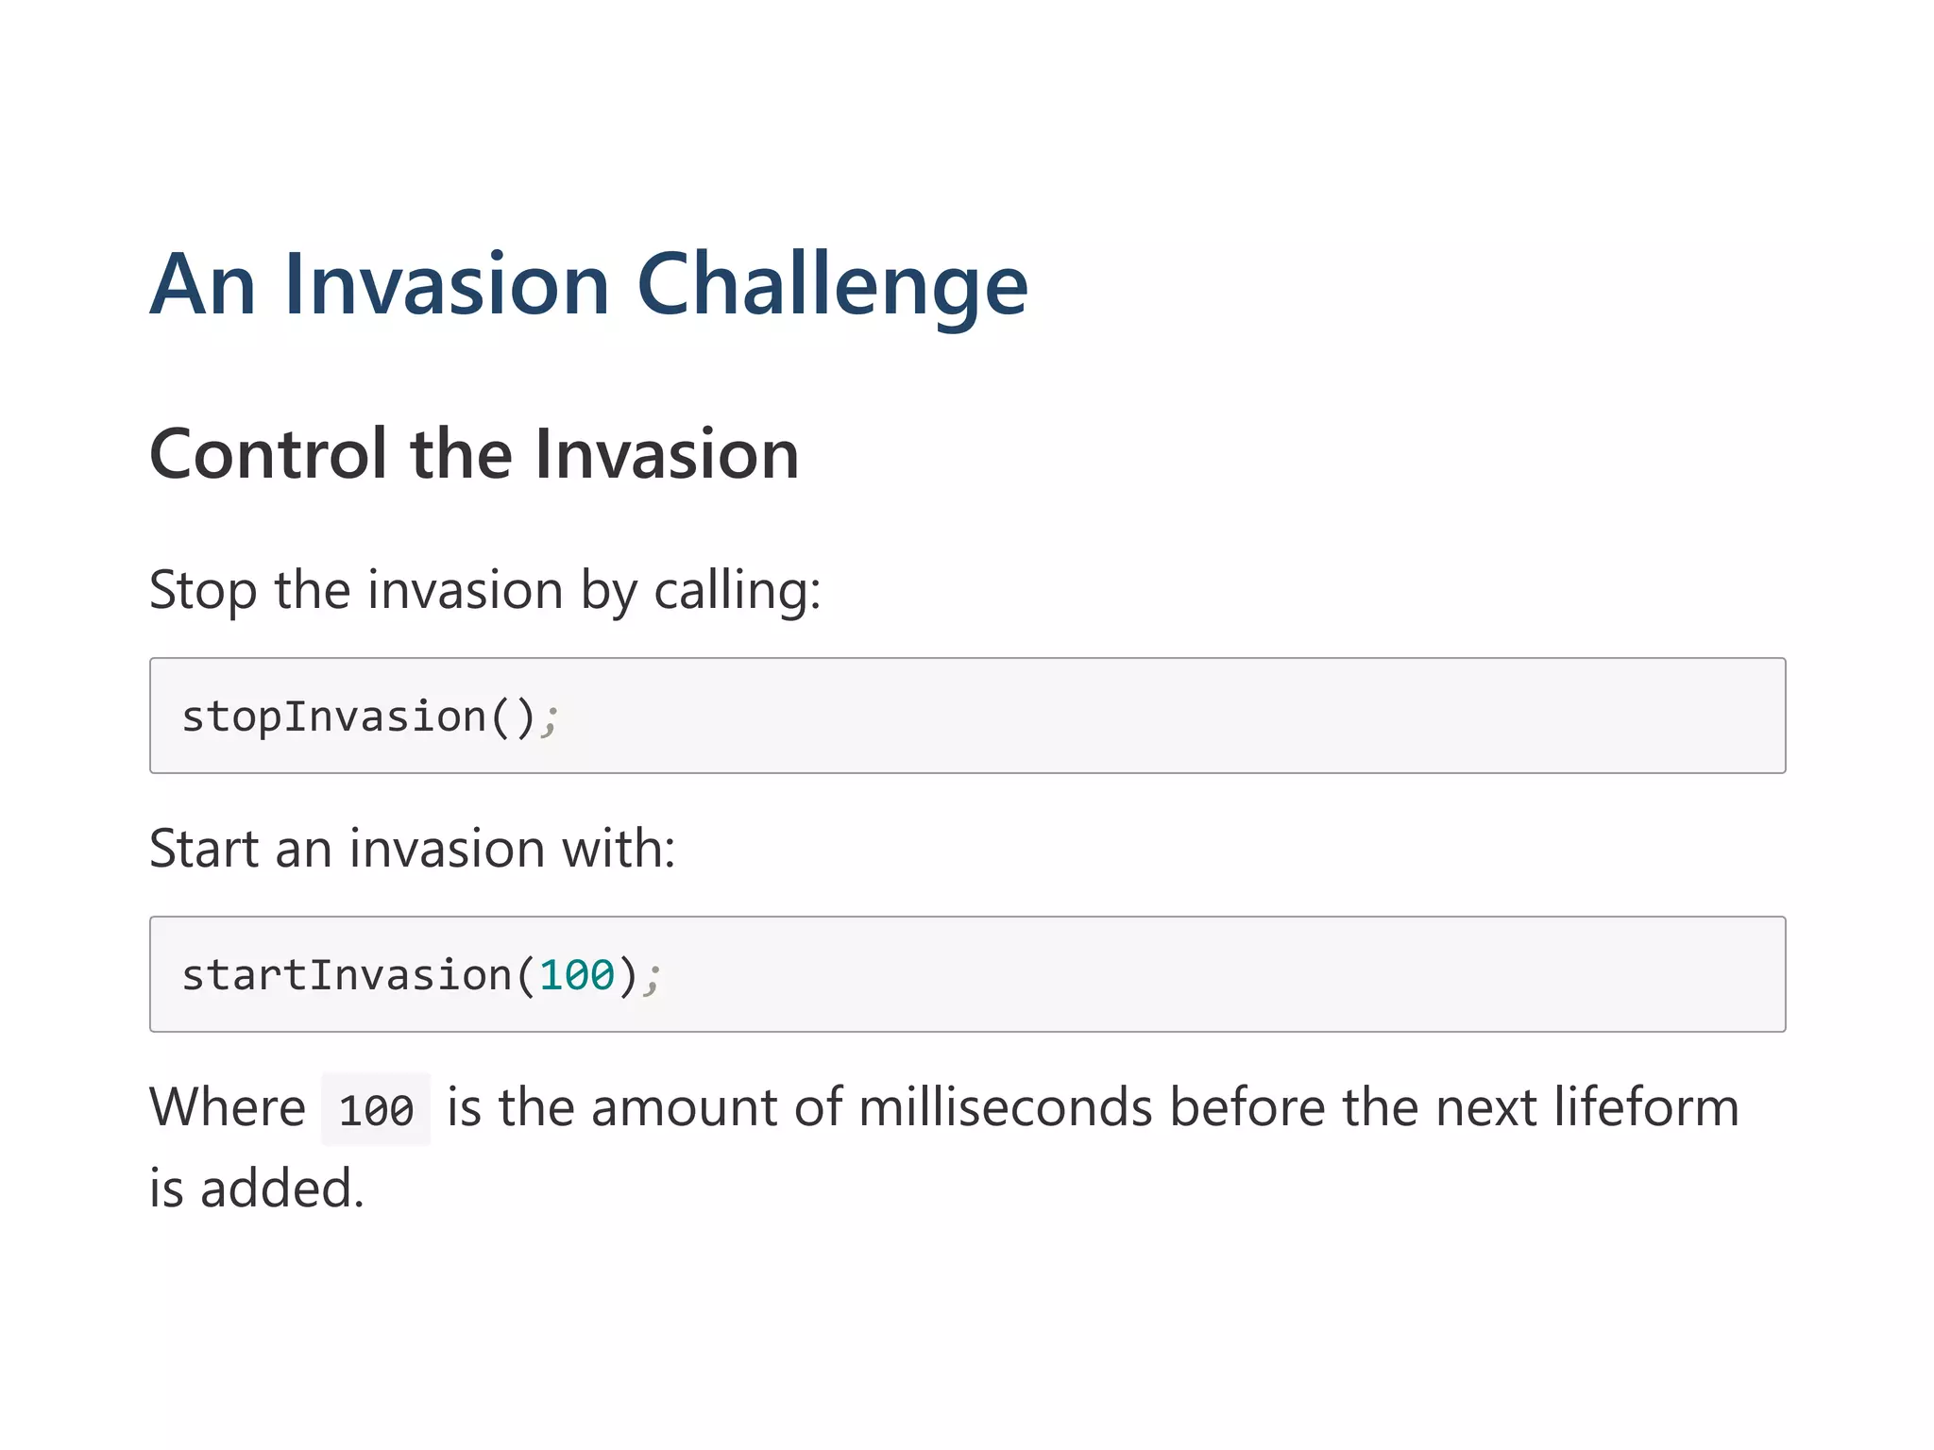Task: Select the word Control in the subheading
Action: [x=268, y=454]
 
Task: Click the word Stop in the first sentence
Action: [x=202, y=591]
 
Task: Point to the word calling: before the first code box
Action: [x=738, y=591]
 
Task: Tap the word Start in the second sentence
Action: [x=204, y=849]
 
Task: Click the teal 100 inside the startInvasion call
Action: [x=577, y=975]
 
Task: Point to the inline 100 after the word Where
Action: [x=376, y=1110]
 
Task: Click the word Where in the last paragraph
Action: [x=227, y=1107]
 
